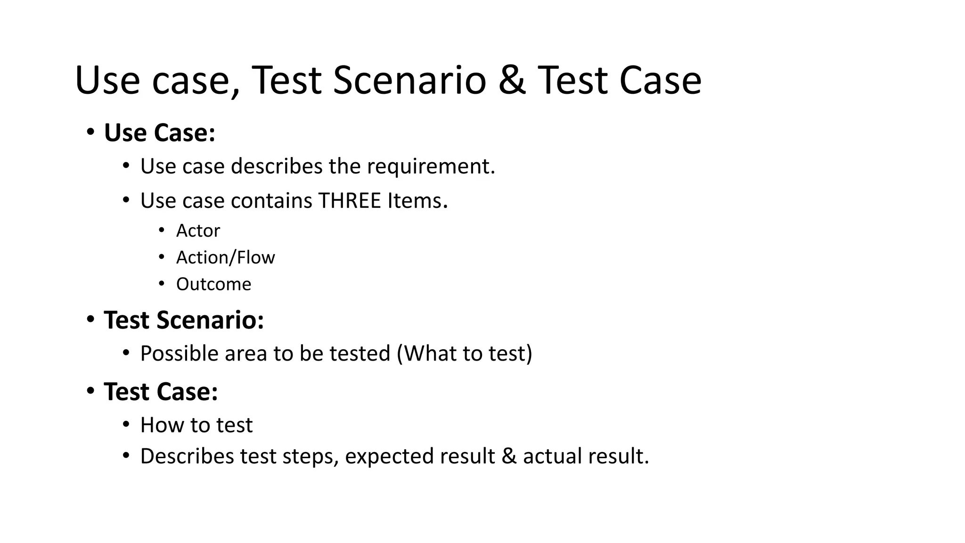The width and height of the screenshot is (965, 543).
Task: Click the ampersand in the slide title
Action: point(512,80)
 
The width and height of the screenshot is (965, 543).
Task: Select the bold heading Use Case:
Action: point(159,132)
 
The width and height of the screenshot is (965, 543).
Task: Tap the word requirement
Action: point(431,166)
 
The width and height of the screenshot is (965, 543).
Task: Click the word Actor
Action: point(198,231)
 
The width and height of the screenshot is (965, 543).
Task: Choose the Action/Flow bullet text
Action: point(225,258)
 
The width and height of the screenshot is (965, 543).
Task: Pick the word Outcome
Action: point(213,284)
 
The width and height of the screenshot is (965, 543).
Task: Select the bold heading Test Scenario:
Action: point(184,320)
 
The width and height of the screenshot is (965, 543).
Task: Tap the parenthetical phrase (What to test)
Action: point(465,354)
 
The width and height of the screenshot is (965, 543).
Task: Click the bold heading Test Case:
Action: point(161,392)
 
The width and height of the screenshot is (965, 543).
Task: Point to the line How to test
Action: point(196,425)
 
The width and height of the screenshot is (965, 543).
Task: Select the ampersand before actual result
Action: point(509,456)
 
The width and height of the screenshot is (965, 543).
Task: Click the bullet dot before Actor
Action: point(162,230)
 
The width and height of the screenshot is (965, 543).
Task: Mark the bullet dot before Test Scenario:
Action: point(90,320)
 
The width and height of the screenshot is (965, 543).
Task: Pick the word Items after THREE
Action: point(417,201)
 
